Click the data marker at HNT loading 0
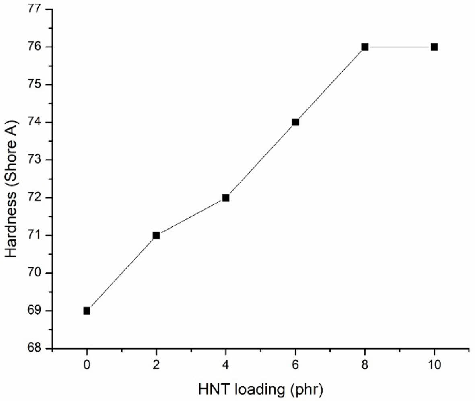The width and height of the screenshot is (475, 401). pyautogui.click(x=87, y=311)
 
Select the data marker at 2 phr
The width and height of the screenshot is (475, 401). pyautogui.click(x=156, y=235)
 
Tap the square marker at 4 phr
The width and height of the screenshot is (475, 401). pyautogui.click(x=226, y=197)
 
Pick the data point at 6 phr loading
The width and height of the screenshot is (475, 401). pyautogui.click(x=295, y=122)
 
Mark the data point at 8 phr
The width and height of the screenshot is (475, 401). pyautogui.click(x=365, y=47)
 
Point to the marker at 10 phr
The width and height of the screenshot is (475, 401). pyautogui.click(x=434, y=47)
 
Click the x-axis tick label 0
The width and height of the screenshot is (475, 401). pyautogui.click(x=87, y=365)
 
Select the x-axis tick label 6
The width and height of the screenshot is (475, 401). pyautogui.click(x=295, y=365)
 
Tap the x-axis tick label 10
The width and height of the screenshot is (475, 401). pyautogui.click(x=434, y=365)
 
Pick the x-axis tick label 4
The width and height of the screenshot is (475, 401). pyautogui.click(x=226, y=365)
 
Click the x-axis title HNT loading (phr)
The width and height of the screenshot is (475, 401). pyautogui.click(x=261, y=389)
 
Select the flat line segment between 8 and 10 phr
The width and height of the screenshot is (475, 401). pyautogui.click(x=399, y=47)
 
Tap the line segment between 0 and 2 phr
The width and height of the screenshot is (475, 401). pyautogui.click(x=121, y=273)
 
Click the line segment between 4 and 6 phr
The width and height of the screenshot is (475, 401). pyautogui.click(x=261, y=160)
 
